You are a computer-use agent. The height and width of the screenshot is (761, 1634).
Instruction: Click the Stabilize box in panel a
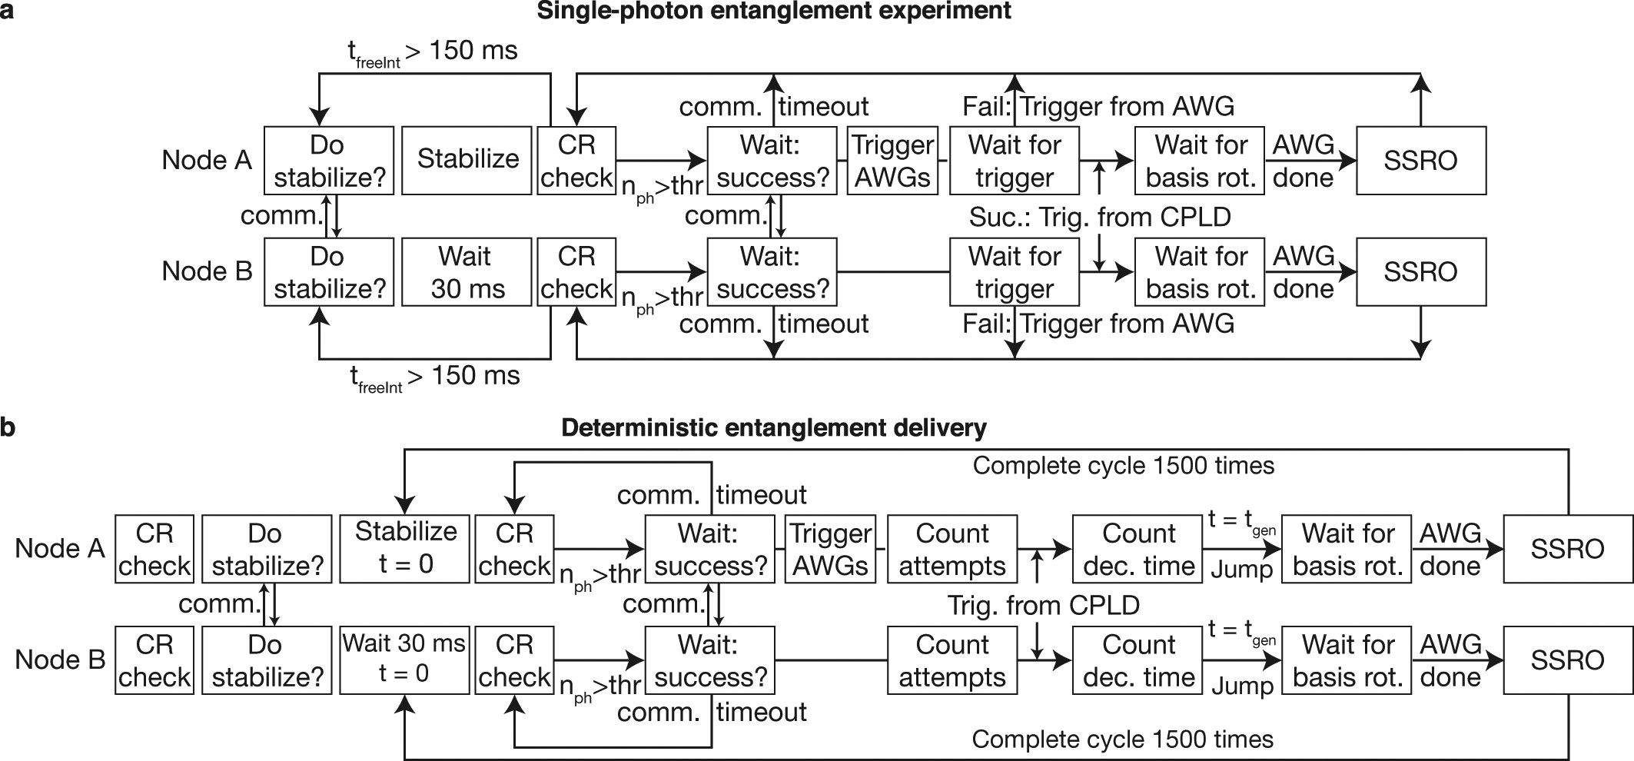pyautogui.click(x=467, y=160)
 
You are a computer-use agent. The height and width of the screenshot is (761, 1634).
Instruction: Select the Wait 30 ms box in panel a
pyautogui.click(x=467, y=271)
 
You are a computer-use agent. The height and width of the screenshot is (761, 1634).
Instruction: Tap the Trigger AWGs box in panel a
pyautogui.click(x=892, y=160)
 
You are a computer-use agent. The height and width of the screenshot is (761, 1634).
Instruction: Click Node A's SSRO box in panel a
pyautogui.click(x=1420, y=160)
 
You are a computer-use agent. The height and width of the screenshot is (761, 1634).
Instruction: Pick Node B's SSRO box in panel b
pyautogui.click(x=1567, y=660)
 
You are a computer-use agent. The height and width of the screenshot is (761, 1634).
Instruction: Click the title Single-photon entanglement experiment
pyautogui.click(x=773, y=12)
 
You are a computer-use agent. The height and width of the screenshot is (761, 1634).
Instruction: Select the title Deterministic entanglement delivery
pyautogui.click(x=773, y=427)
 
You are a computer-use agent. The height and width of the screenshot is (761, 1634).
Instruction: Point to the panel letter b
pyautogui.click(x=8, y=427)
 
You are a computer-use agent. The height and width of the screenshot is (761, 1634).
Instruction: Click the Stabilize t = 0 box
pyautogui.click(x=405, y=548)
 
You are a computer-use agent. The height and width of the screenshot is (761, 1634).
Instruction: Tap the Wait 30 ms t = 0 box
pyautogui.click(x=405, y=660)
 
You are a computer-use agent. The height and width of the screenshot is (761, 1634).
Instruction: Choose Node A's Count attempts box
pyautogui.click(x=952, y=548)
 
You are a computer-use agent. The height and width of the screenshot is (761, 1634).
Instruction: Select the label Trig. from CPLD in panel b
pyautogui.click(x=1043, y=605)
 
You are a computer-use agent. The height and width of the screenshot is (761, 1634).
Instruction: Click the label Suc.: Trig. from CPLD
pyautogui.click(x=1099, y=217)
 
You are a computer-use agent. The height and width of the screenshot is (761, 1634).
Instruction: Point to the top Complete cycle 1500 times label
pyautogui.click(x=1123, y=466)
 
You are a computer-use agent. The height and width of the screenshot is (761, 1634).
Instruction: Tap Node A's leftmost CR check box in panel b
pyautogui.click(x=154, y=548)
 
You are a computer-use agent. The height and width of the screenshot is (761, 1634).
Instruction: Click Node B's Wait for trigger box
pyautogui.click(x=1015, y=271)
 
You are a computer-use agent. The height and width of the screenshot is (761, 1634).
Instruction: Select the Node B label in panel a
pyautogui.click(x=207, y=271)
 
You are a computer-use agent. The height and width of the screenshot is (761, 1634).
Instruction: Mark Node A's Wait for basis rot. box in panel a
pyautogui.click(x=1200, y=160)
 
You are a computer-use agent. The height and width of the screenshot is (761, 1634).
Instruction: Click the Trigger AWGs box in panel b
pyautogui.click(x=830, y=548)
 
